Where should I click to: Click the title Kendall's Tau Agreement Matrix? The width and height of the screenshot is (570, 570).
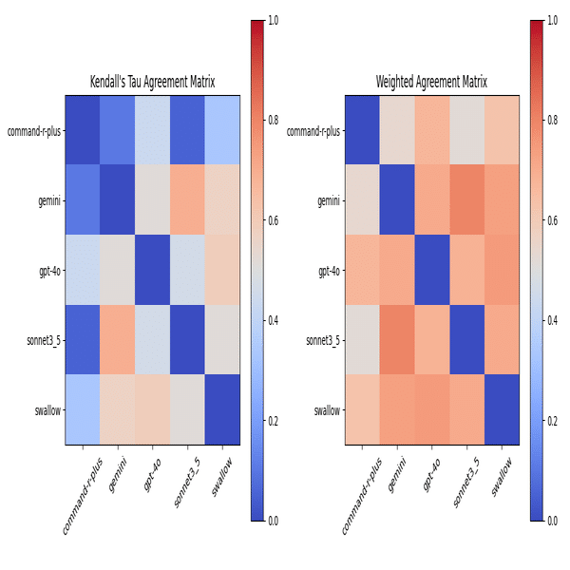152,82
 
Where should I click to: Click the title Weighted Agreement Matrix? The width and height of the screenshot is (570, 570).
431,82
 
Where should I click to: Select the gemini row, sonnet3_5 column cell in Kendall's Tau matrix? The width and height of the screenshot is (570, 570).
186,201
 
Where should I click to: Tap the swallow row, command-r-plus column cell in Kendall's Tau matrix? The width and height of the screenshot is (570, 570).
83,409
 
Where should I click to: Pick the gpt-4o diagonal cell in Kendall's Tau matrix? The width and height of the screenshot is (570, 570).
152,271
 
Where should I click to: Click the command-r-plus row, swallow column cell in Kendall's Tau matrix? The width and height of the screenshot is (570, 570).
221,131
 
